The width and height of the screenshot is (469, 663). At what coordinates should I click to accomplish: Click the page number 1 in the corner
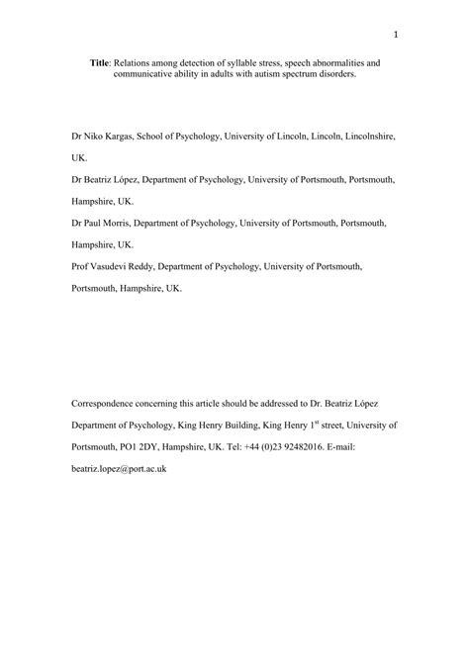click(395, 38)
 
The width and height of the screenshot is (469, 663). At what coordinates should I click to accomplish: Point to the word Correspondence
click(112, 404)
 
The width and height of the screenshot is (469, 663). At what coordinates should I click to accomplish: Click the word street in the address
click(342, 426)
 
